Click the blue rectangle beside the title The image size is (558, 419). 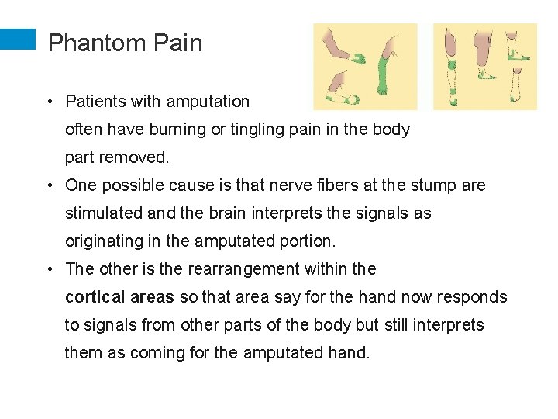pos(18,40)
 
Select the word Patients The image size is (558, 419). pos(97,102)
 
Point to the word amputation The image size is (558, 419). pos(208,102)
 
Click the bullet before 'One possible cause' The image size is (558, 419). pos(49,186)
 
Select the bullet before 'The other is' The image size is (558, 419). pos(49,270)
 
